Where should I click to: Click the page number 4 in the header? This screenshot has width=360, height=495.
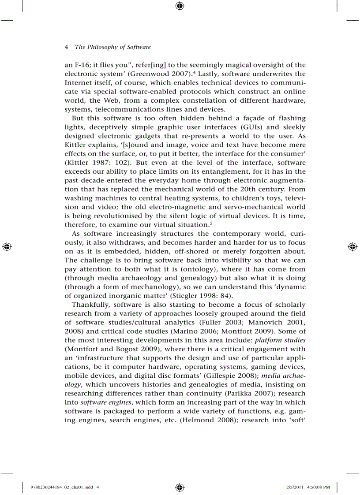click(66, 47)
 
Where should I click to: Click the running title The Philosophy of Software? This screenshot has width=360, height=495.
click(112, 47)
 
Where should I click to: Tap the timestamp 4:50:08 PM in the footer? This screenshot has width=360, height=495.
click(316, 487)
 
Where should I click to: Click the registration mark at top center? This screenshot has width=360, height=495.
click(180, 6)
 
